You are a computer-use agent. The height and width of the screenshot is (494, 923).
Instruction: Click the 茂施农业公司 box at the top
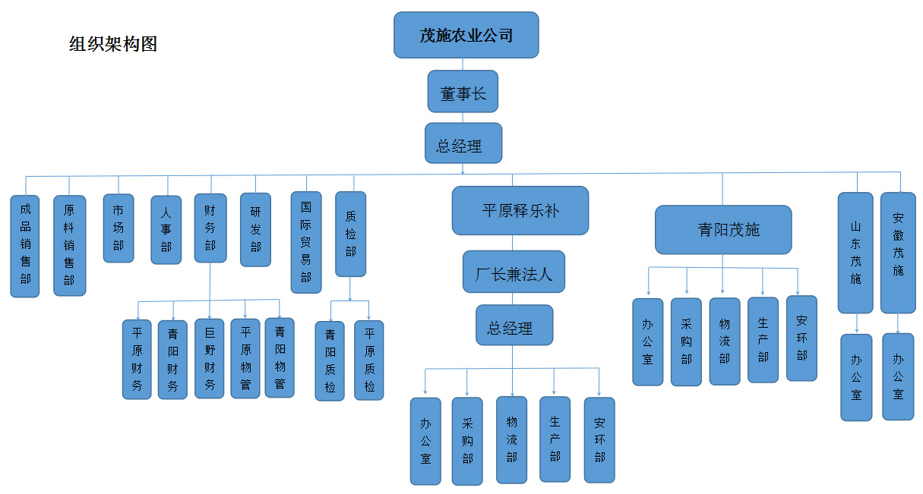tap(466, 35)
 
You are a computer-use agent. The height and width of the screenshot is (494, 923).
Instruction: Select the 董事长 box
tap(462, 93)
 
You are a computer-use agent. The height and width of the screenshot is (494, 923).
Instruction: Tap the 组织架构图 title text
tap(113, 44)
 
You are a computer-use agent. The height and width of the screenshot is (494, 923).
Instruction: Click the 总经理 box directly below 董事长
tap(463, 143)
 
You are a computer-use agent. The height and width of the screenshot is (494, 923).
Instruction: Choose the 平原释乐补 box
tap(520, 210)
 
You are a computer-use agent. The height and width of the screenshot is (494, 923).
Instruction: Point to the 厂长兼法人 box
tap(514, 272)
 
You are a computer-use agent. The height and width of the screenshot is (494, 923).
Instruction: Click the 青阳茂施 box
tap(722, 229)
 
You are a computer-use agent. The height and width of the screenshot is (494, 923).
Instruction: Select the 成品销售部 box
tap(25, 246)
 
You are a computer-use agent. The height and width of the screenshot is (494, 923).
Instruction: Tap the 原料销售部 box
tap(69, 246)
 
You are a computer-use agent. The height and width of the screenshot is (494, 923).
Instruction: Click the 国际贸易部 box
tap(305, 242)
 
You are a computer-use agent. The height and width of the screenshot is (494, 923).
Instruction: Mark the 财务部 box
tap(210, 228)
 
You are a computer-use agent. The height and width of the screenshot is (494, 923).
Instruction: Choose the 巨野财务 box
tap(210, 358)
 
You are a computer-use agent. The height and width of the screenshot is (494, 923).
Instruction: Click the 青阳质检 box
tap(330, 360)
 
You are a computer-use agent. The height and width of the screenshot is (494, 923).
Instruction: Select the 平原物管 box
tap(245, 358)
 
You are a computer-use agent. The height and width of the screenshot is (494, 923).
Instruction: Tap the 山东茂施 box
tap(856, 253)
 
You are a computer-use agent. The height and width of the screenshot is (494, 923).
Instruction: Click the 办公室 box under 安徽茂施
tap(898, 376)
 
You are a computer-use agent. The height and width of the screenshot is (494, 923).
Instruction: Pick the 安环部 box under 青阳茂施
tap(801, 338)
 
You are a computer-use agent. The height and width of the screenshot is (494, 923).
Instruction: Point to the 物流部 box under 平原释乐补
tap(511, 440)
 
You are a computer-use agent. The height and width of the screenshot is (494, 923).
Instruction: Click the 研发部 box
tap(255, 229)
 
